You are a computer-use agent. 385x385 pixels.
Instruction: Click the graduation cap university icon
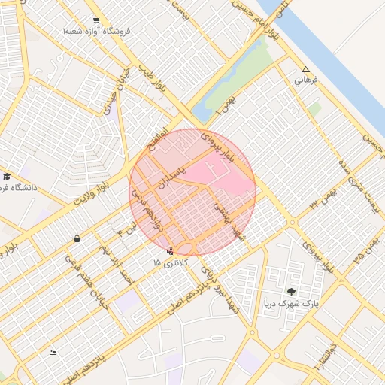click(x=7, y=175)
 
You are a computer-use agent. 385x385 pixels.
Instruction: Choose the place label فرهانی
click(x=305, y=79)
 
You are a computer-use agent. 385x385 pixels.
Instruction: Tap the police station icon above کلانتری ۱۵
click(x=170, y=251)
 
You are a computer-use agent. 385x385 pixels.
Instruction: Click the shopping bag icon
click(x=77, y=238)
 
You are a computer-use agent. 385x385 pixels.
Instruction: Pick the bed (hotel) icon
click(x=53, y=353)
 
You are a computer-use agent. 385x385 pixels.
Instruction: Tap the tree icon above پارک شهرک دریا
click(x=291, y=292)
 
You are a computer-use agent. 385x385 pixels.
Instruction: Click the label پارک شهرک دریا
click(x=290, y=304)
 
